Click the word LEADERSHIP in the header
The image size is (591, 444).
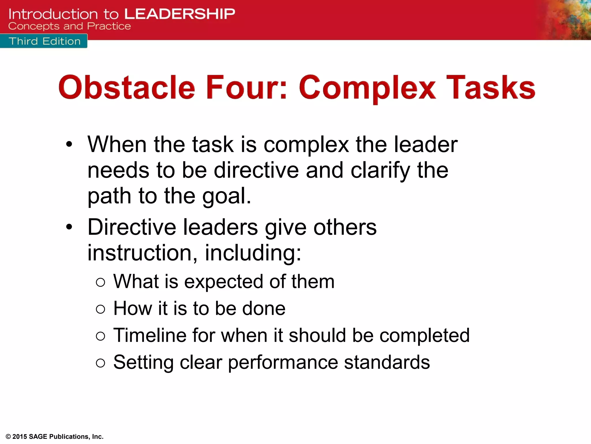[x=180, y=14]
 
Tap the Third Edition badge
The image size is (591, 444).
[x=44, y=41]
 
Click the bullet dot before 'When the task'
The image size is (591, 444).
[x=69, y=144]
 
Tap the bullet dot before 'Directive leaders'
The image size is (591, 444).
[x=69, y=227]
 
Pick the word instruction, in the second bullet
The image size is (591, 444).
[x=142, y=253]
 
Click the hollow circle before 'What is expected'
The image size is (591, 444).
[x=100, y=282]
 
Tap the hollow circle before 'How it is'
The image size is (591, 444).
[x=100, y=309]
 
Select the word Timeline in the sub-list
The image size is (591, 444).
[x=150, y=335]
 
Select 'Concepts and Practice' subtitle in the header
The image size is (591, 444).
[x=70, y=26]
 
